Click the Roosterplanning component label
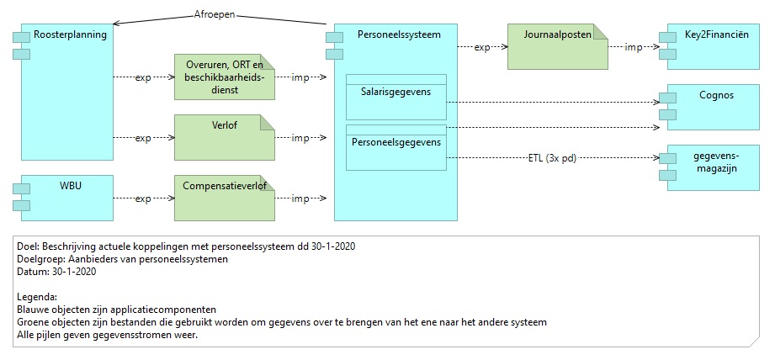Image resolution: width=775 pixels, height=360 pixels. click(70, 35)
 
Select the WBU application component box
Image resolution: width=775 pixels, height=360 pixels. click(67, 198)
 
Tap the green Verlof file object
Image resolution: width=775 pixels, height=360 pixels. click(225, 137)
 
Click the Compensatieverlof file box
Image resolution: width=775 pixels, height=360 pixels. click(225, 198)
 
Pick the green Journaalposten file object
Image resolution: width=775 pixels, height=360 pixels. click(558, 46)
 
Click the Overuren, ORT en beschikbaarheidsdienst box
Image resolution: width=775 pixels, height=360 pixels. click(225, 77)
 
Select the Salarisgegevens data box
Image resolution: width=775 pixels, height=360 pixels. click(396, 97)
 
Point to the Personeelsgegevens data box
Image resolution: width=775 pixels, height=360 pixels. click(396, 148)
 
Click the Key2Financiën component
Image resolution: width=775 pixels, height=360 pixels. click(714, 46)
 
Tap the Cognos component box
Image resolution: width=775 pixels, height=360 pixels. click(714, 107)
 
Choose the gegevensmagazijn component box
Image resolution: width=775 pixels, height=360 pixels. click(714, 167)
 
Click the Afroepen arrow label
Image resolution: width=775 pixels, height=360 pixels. click(215, 15)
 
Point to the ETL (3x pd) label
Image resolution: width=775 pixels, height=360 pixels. click(552, 158)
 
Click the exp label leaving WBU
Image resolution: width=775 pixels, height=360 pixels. click(143, 199)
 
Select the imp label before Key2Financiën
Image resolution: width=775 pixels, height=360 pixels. click(634, 47)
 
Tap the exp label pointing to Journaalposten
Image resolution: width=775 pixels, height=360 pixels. click(482, 47)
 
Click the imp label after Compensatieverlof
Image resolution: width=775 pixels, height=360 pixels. click(300, 199)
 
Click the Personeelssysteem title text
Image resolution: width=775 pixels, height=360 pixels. click(400, 34)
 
